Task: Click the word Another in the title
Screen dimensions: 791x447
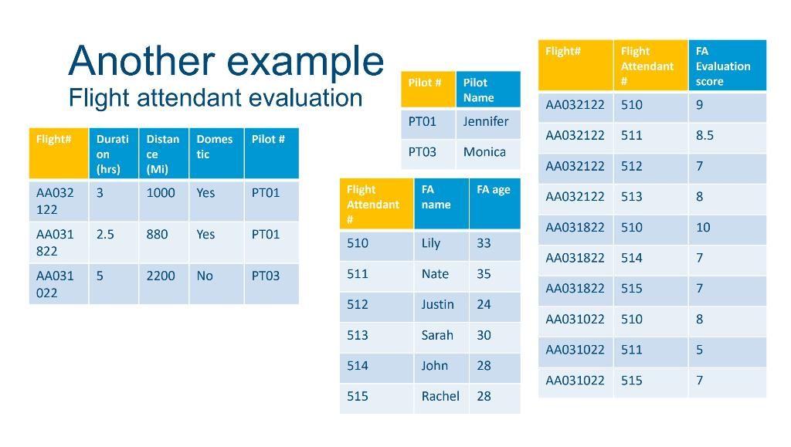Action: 142,61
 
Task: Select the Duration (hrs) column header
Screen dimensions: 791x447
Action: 113,154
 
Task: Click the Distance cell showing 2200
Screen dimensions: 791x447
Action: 161,276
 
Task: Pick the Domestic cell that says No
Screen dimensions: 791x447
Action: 205,276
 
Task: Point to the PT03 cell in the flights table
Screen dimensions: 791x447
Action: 266,276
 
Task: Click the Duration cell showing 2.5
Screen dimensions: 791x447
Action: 105,235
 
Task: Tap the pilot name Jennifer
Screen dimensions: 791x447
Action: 486,121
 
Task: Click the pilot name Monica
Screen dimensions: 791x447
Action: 484,151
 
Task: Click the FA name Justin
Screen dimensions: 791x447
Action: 437,304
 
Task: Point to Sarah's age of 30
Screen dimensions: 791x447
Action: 484,335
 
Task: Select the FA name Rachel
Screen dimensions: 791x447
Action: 440,396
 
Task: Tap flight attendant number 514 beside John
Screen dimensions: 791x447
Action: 357,365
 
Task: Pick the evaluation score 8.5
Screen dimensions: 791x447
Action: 704,135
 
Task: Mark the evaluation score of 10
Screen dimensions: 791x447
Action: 703,227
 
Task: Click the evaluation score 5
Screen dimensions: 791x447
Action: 699,350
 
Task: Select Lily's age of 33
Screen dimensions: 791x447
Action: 484,243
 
